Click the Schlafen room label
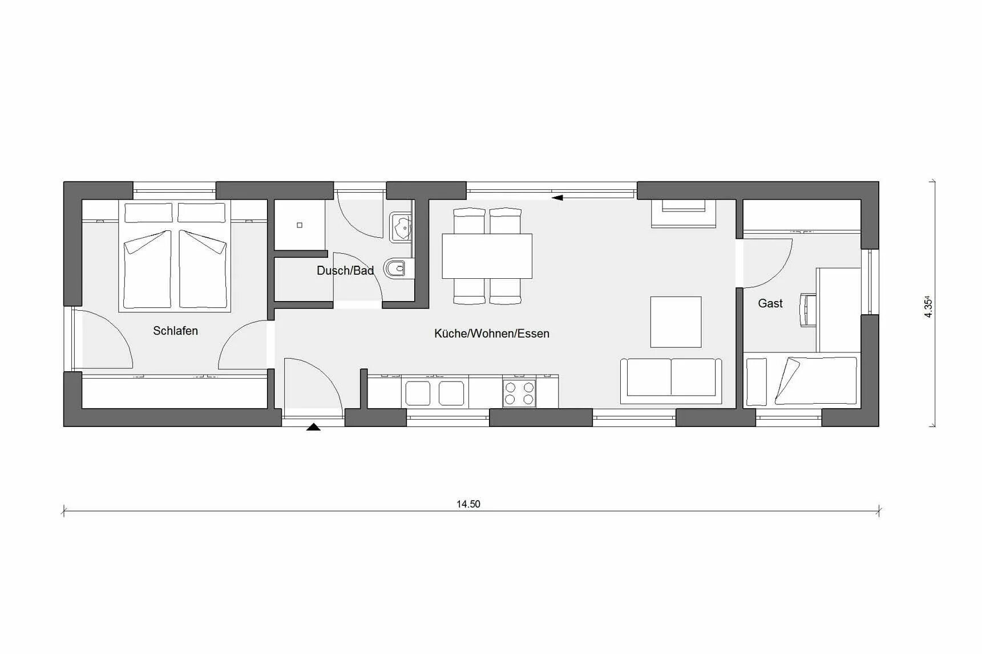pos(175,331)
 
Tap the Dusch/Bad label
pos(345,271)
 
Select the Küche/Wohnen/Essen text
pos(492,334)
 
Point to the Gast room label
pos(770,303)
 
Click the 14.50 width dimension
pos(468,504)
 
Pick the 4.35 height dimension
pos(928,306)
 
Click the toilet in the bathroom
pos(395,267)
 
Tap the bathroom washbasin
pos(401,226)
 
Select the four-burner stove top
pos(519,393)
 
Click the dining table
pos(487,256)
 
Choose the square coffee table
pos(676,322)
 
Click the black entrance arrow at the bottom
pos(313,426)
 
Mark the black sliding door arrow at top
pos(557,198)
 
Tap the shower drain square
pos(300,225)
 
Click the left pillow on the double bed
pos(148,213)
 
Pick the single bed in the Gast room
pos(802,381)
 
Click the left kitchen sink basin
pos(418,393)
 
